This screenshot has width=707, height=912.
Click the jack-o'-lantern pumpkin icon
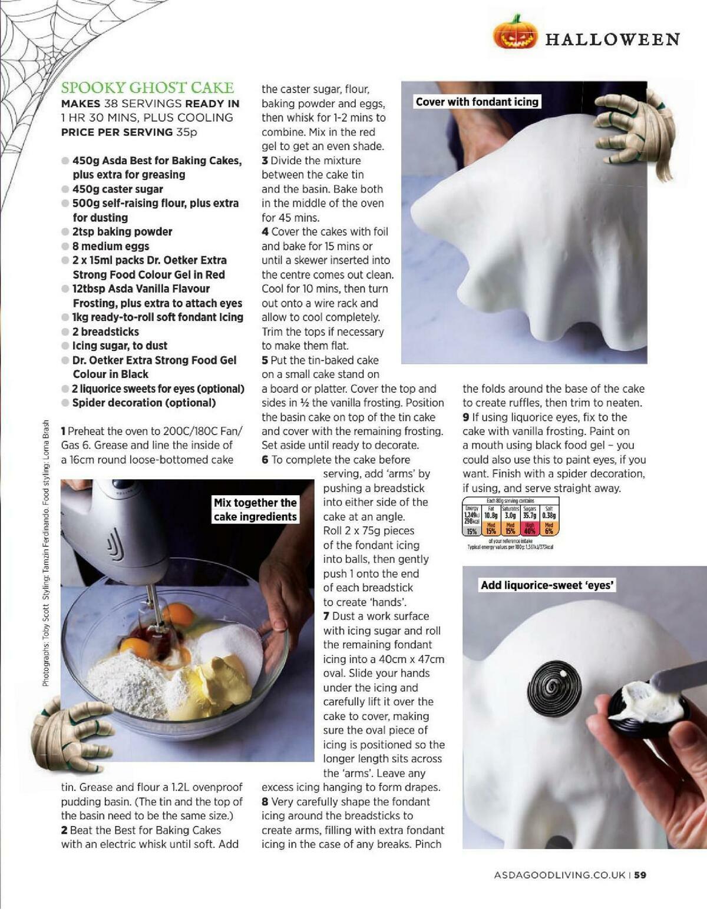point(516,33)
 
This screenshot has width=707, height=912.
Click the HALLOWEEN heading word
point(612,39)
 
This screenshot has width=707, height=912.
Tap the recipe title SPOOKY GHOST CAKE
point(147,88)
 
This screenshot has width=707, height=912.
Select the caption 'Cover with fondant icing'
point(477,102)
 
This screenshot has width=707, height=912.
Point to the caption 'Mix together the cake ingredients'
point(255,510)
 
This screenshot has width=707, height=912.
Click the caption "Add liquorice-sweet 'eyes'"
point(547,585)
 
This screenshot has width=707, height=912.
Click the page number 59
point(640,875)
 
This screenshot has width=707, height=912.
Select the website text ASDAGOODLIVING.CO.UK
point(560,875)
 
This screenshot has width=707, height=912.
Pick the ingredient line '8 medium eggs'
point(110,246)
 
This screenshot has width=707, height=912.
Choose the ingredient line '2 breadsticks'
point(105,331)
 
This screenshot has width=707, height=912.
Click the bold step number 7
point(326,616)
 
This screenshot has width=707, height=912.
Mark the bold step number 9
point(465,417)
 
